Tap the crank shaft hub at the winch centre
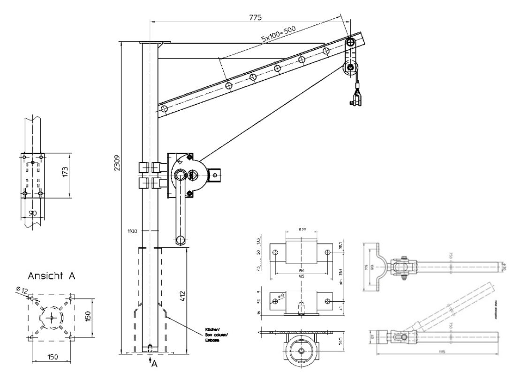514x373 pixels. (x=181, y=176)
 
